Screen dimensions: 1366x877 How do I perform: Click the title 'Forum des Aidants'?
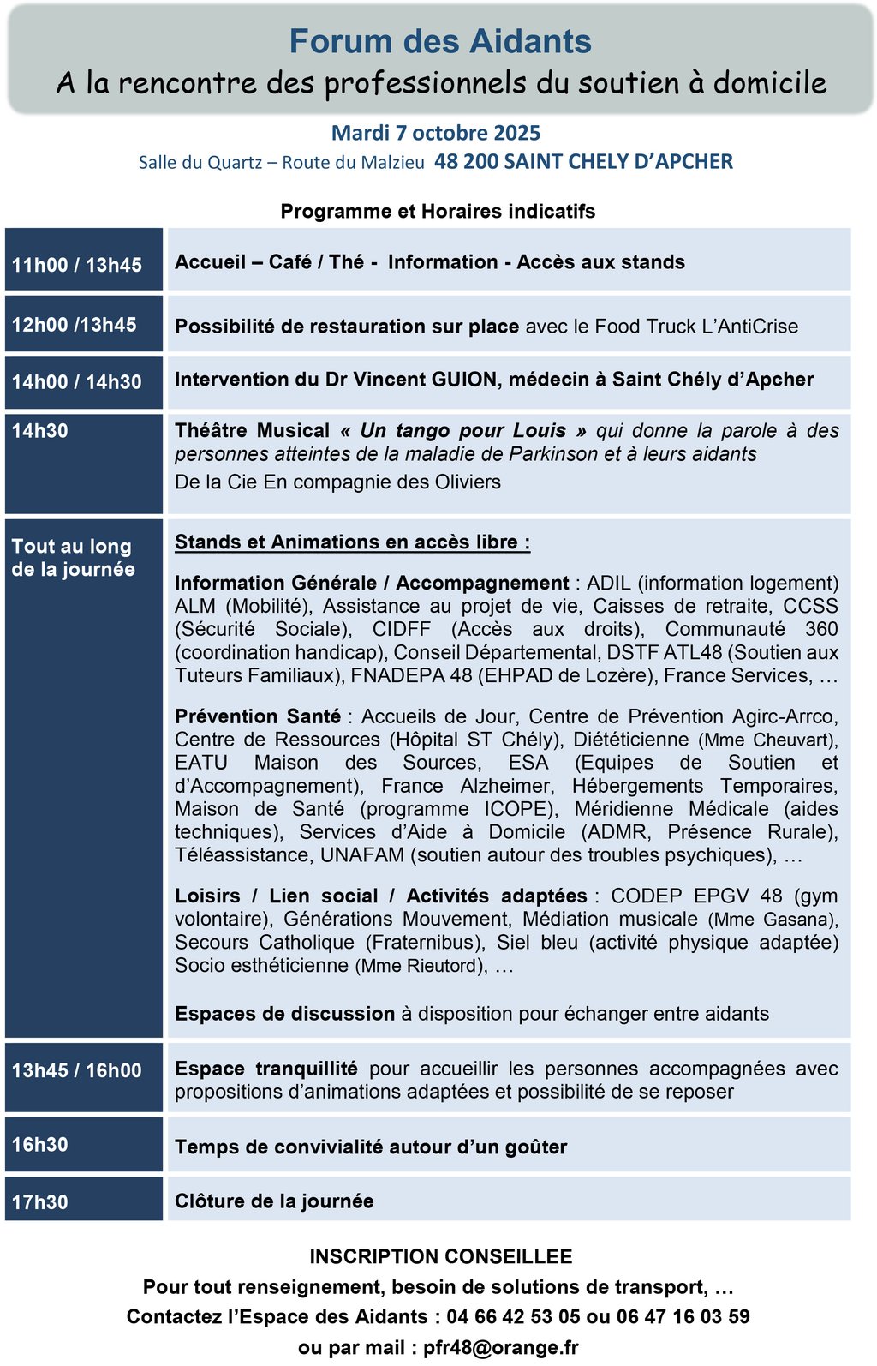440,41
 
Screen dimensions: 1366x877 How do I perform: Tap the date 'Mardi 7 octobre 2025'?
436,133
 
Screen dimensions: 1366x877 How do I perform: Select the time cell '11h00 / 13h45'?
77,265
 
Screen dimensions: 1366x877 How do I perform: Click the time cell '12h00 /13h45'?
75,325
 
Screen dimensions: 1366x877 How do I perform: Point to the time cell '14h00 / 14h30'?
77,382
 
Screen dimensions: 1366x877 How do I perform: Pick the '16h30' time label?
40,1145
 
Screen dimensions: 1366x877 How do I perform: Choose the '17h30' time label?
40,1202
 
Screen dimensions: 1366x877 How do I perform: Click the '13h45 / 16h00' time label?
77,1070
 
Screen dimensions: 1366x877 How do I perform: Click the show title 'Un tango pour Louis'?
463,431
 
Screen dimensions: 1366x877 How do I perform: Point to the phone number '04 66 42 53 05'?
513,1316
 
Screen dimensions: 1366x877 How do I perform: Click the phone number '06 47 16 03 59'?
683,1316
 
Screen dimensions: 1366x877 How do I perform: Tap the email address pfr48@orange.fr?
500,1347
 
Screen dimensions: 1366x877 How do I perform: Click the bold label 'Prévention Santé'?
258,716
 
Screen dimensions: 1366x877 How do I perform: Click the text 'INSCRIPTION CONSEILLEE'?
441,1256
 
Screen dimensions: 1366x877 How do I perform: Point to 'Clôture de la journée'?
274,1201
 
